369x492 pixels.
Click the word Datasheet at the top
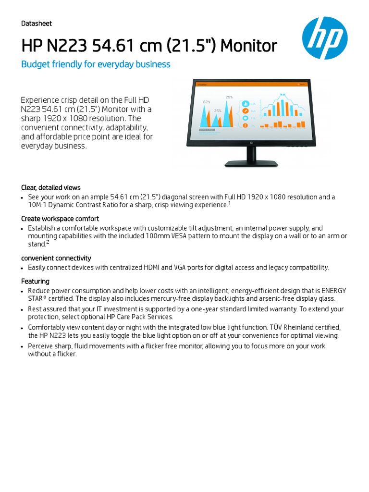pyautogui.click(x=37, y=24)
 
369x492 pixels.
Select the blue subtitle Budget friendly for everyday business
pyautogui.click(x=96, y=64)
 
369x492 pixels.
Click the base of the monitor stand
pyautogui.click(x=251, y=164)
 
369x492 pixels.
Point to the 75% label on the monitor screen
pyautogui.click(x=229, y=97)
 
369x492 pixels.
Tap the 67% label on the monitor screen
pyautogui.click(x=207, y=102)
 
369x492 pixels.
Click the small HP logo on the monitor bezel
pyautogui.click(x=251, y=142)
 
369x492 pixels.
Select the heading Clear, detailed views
pyautogui.click(x=51, y=187)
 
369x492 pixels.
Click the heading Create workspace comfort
pyautogui.click(x=60, y=219)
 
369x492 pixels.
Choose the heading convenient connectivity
pyautogui.click(x=56, y=258)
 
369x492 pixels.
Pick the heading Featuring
pyautogui.click(x=35, y=281)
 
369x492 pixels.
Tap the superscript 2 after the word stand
pyautogui.click(x=48, y=243)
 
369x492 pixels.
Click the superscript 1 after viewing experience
pyautogui.click(x=230, y=203)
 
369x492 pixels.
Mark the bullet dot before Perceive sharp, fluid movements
pyautogui.click(x=23, y=346)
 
